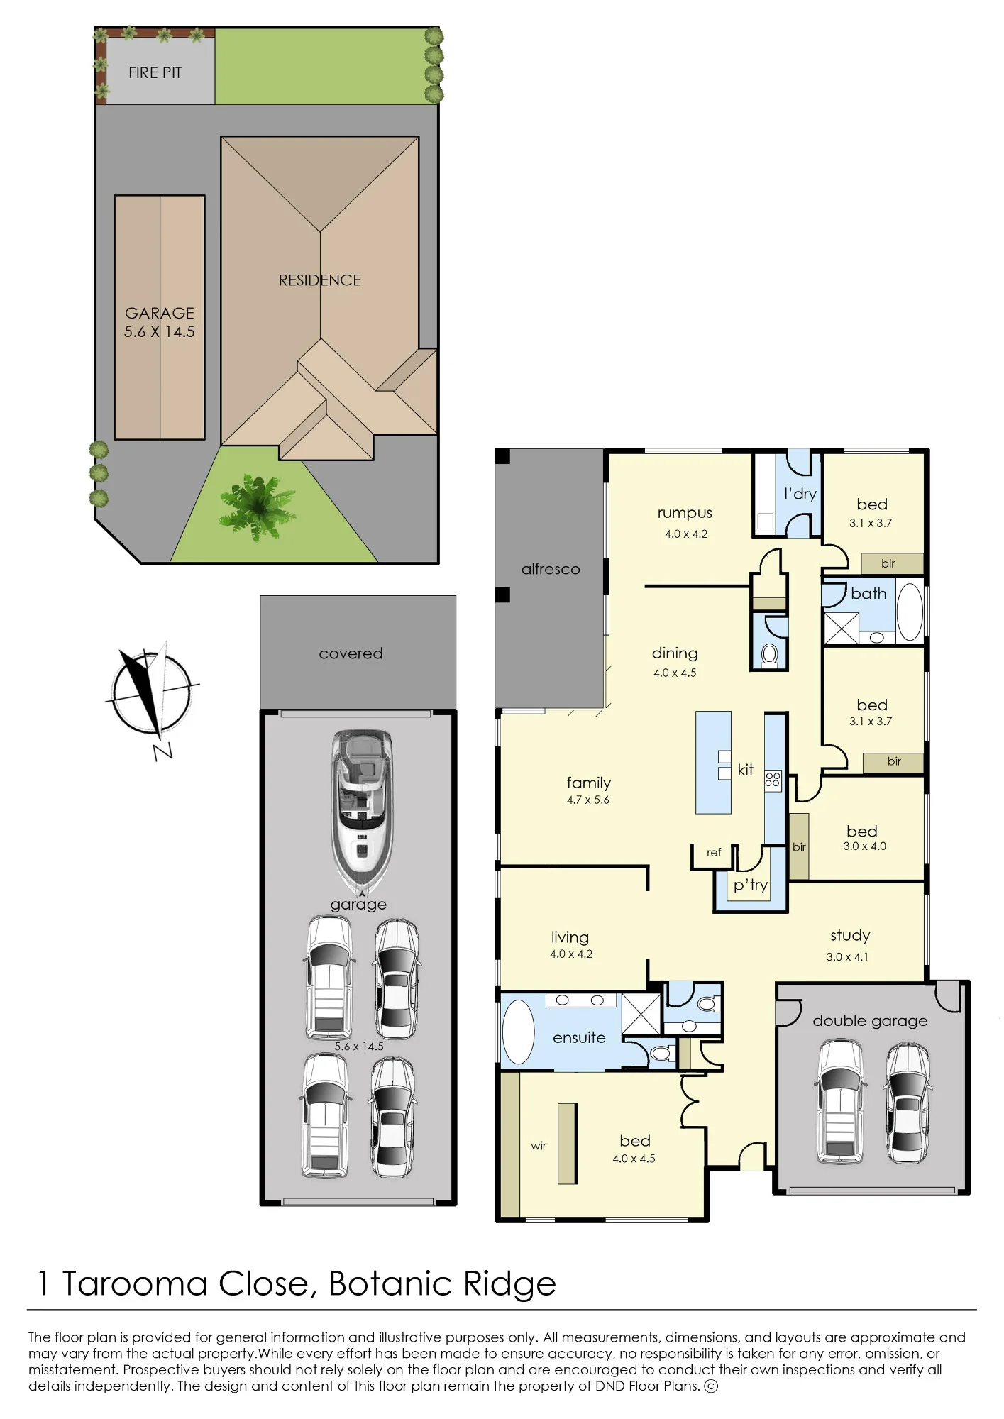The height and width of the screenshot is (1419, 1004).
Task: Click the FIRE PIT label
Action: click(155, 72)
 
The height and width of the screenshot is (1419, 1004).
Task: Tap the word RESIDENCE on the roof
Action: click(319, 280)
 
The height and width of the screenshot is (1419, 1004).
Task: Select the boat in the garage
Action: click(362, 812)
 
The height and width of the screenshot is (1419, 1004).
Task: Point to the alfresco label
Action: click(551, 569)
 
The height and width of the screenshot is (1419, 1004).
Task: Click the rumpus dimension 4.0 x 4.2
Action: click(686, 534)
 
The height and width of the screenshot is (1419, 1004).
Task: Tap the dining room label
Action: click(675, 653)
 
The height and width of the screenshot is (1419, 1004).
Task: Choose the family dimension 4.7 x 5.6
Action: click(588, 800)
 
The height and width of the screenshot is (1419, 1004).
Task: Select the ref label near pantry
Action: click(714, 852)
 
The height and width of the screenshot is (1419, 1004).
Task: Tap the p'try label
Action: click(751, 885)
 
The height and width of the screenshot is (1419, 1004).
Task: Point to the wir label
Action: click(539, 1146)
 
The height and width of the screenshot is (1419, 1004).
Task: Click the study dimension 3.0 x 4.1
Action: click(847, 957)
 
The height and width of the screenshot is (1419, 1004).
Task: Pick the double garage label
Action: click(870, 1021)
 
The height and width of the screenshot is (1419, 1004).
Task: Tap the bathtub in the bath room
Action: click(910, 612)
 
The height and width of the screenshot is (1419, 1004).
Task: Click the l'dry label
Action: click(800, 494)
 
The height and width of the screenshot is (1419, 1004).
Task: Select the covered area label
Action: click(351, 653)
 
